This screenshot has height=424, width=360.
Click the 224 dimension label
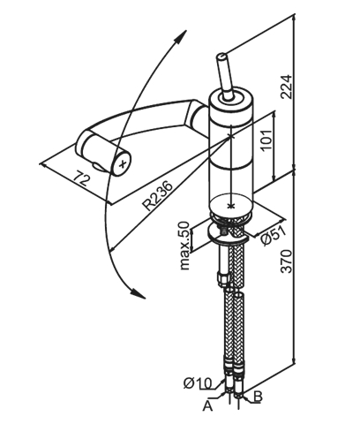[286, 87]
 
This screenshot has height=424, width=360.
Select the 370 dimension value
[286, 261]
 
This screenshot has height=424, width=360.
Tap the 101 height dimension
[267, 140]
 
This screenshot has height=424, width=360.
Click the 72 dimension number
[80, 178]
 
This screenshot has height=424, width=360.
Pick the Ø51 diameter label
[274, 236]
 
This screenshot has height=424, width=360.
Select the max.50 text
[185, 246]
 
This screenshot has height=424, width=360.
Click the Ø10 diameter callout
[198, 383]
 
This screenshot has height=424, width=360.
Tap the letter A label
[207, 406]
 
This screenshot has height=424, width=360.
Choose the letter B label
[258, 397]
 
